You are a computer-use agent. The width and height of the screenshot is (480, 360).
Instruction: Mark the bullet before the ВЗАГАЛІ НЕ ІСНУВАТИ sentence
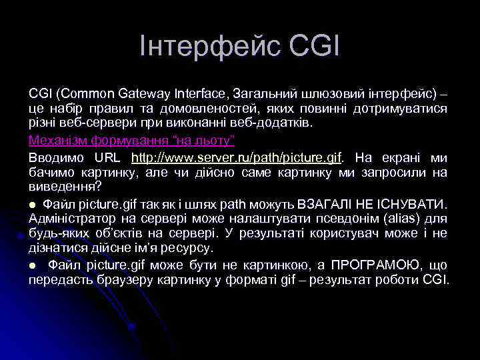(32, 203)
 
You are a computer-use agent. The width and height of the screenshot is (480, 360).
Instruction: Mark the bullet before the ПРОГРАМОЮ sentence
(32, 265)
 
